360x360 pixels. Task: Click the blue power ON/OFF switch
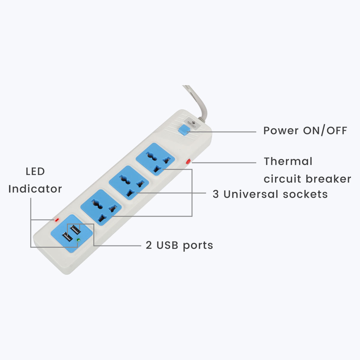click(183, 130)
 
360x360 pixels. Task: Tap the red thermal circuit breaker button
click(188, 161)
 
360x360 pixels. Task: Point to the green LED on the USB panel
click(78, 240)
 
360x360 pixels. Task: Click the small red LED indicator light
click(56, 220)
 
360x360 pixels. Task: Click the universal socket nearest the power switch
click(155, 159)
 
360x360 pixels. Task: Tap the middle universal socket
click(128, 182)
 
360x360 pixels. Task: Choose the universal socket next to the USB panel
click(101, 207)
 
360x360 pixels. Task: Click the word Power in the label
click(281, 131)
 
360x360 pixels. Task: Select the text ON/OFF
click(325, 131)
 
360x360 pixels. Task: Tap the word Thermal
click(288, 161)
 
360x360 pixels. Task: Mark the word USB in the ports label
click(168, 245)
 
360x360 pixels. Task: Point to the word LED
click(35, 172)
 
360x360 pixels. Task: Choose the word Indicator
click(35, 189)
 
